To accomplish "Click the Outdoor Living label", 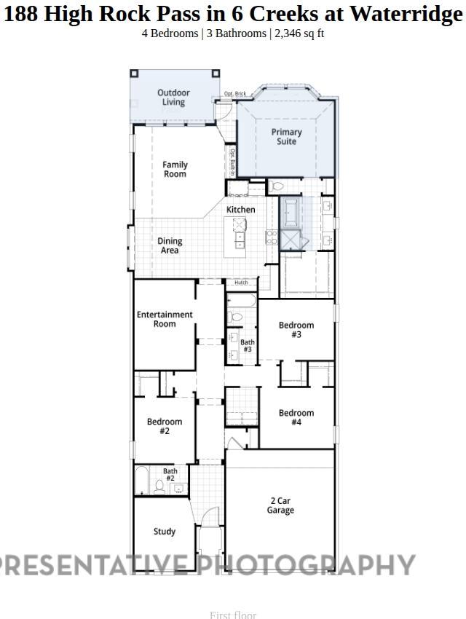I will click(173, 98).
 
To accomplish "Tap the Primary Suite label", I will click(286, 137).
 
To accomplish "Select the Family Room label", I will click(175, 170).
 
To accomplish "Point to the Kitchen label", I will click(240, 210).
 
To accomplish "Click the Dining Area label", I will click(170, 246).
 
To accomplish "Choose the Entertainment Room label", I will click(165, 319).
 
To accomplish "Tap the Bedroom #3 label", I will click(296, 330).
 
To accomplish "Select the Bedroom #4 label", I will click(296, 417).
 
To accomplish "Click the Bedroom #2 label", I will click(165, 426).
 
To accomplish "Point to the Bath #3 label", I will click(248, 346).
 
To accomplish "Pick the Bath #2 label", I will click(170, 475).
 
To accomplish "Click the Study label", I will click(165, 532).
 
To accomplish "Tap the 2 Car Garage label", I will click(280, 505).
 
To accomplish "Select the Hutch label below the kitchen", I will click(241, 283).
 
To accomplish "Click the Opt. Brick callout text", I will click(234, 94).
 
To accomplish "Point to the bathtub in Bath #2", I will click(142, 481).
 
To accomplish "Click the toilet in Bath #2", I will click(159, 484).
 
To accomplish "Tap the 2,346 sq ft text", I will click(299, 34).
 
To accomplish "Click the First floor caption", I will click(233, 615).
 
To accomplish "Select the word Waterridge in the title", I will click(406, 14).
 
